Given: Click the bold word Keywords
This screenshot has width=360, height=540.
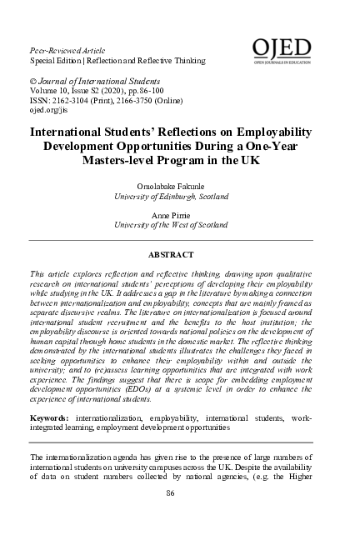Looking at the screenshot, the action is (x=50, y=416).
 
